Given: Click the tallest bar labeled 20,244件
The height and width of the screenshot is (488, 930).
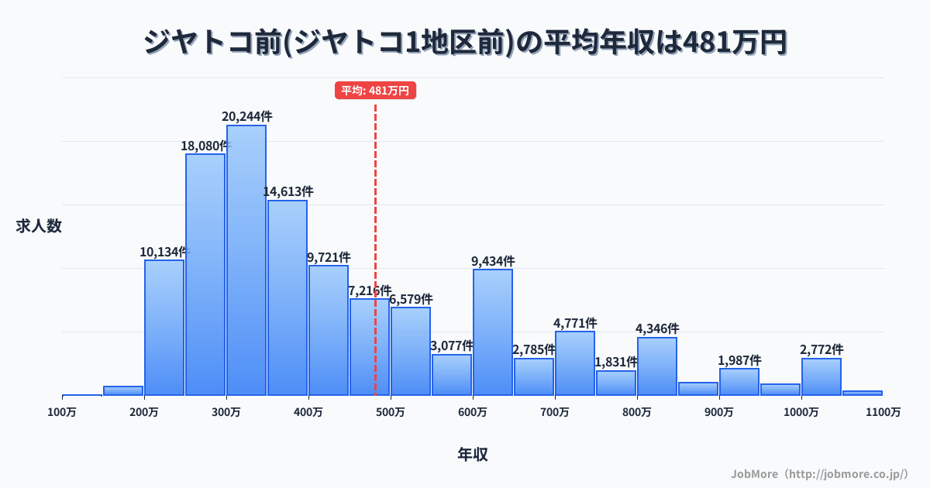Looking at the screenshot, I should (246, 260).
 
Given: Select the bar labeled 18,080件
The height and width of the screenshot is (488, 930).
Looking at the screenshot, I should (205, 274).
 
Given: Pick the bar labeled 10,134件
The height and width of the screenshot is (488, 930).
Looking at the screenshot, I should (164, 328).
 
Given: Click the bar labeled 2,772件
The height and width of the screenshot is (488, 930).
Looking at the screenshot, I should (821, 376).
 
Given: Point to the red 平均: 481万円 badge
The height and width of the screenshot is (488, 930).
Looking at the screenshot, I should (376, 91).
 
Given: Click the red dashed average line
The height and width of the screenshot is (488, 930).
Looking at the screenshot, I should (376, 194).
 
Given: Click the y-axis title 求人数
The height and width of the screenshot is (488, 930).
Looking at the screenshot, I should (39, 226).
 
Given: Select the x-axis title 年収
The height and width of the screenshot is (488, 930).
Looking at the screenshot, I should (473, 455).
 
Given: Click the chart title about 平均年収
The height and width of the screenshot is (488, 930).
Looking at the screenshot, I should (465, 43).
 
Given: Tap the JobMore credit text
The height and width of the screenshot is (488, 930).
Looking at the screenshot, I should (819, 473).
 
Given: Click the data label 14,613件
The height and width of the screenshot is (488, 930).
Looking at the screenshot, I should (288, 191).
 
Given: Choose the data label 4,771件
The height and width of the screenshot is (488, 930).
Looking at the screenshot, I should (575, 323).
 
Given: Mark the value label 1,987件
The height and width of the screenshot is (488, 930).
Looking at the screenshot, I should (739, 360).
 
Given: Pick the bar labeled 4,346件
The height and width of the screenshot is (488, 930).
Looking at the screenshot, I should (657, 366).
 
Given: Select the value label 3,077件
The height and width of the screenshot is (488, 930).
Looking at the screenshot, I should (452, 345).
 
